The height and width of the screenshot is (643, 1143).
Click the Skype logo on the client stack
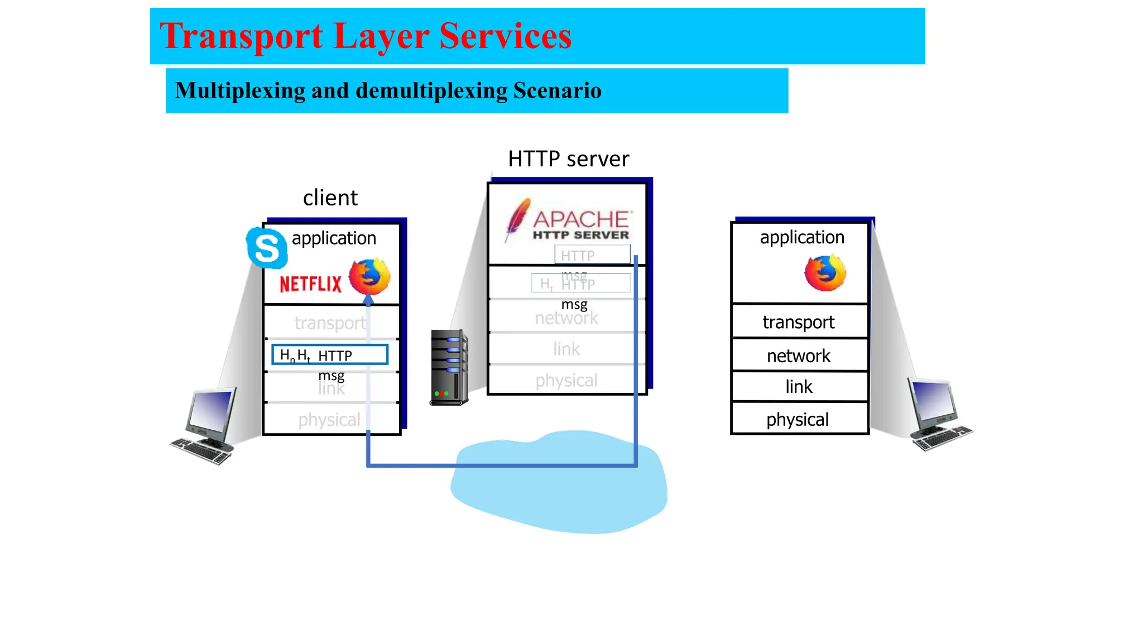pos(267,248)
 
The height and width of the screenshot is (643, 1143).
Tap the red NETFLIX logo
pos(310,284)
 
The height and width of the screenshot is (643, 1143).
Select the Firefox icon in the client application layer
pos(369,276)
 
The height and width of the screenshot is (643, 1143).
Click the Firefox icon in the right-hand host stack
pos(825,273)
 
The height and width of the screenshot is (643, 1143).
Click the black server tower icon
pos(449,367)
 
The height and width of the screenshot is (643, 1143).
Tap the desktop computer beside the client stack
pos(206,425)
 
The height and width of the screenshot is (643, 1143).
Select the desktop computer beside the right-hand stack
pos(938,414)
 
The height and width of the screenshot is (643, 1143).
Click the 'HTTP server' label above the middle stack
pos(568,159)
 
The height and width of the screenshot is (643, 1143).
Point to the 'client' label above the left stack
pos(330,198)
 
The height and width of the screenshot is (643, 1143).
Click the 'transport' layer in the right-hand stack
pos(799,322)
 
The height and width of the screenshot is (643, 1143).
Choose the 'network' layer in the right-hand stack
pos(799,356)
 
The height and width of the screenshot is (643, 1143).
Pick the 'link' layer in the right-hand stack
pos(799,386)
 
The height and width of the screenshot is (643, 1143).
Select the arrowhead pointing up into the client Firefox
pos(368,300)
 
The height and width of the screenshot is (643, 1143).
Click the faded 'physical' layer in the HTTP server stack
pos(566,380)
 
